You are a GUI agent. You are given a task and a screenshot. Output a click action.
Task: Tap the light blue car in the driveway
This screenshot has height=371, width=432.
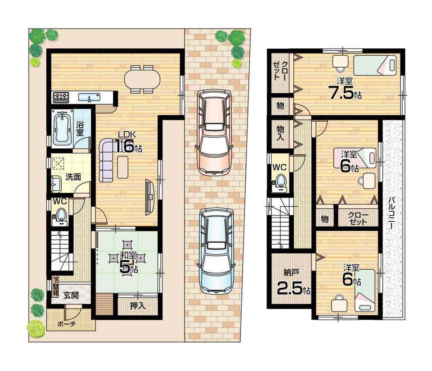click(x=216, y=251)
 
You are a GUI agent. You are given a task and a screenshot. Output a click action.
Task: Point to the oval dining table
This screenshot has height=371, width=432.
click(x=142, y=79)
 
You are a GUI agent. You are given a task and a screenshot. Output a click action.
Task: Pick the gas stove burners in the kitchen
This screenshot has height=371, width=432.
click(x=61, y=97)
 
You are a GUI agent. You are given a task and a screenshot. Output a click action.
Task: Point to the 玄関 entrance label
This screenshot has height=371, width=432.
click(x=72, y=296)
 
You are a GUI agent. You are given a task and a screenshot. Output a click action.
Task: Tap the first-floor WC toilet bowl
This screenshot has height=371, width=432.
click(x=61, y=214)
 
